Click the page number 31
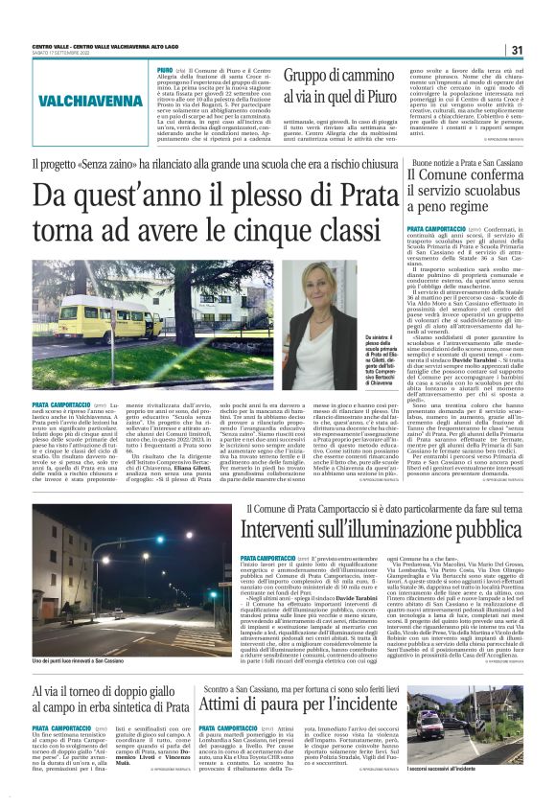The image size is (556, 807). [516, 50]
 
